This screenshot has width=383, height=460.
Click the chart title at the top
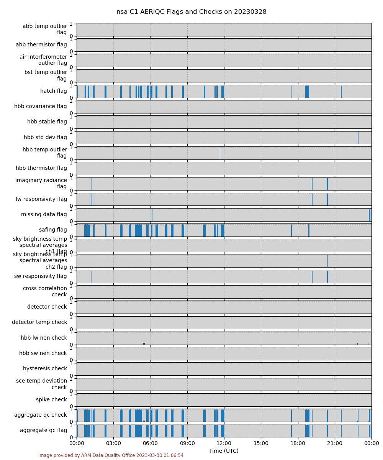point(191,12)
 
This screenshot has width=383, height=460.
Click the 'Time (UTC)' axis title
point(224,451)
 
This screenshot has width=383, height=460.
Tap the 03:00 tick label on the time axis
point(113,443)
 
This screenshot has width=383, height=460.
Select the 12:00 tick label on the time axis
point(224,443)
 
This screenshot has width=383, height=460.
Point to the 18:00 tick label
point(298,443)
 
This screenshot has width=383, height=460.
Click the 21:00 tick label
point(335,443)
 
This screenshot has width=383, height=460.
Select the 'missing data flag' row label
point(44,214)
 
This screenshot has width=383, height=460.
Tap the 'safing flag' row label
point(53,230)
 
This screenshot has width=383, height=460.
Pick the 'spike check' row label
point(51,399)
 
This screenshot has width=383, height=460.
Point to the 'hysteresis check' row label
point(45,368)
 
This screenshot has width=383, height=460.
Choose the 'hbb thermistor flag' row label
point(41,168)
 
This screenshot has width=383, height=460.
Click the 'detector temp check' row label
point(39,322)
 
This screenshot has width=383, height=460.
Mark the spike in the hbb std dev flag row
point(358,138)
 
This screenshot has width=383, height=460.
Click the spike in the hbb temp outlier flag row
point(220,153)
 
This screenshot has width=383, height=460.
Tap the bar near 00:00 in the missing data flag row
point(370,215)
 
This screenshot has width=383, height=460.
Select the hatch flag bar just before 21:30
point(341,92)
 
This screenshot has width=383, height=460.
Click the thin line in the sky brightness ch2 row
point(327,261)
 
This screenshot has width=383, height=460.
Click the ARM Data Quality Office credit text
point(111,455)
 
